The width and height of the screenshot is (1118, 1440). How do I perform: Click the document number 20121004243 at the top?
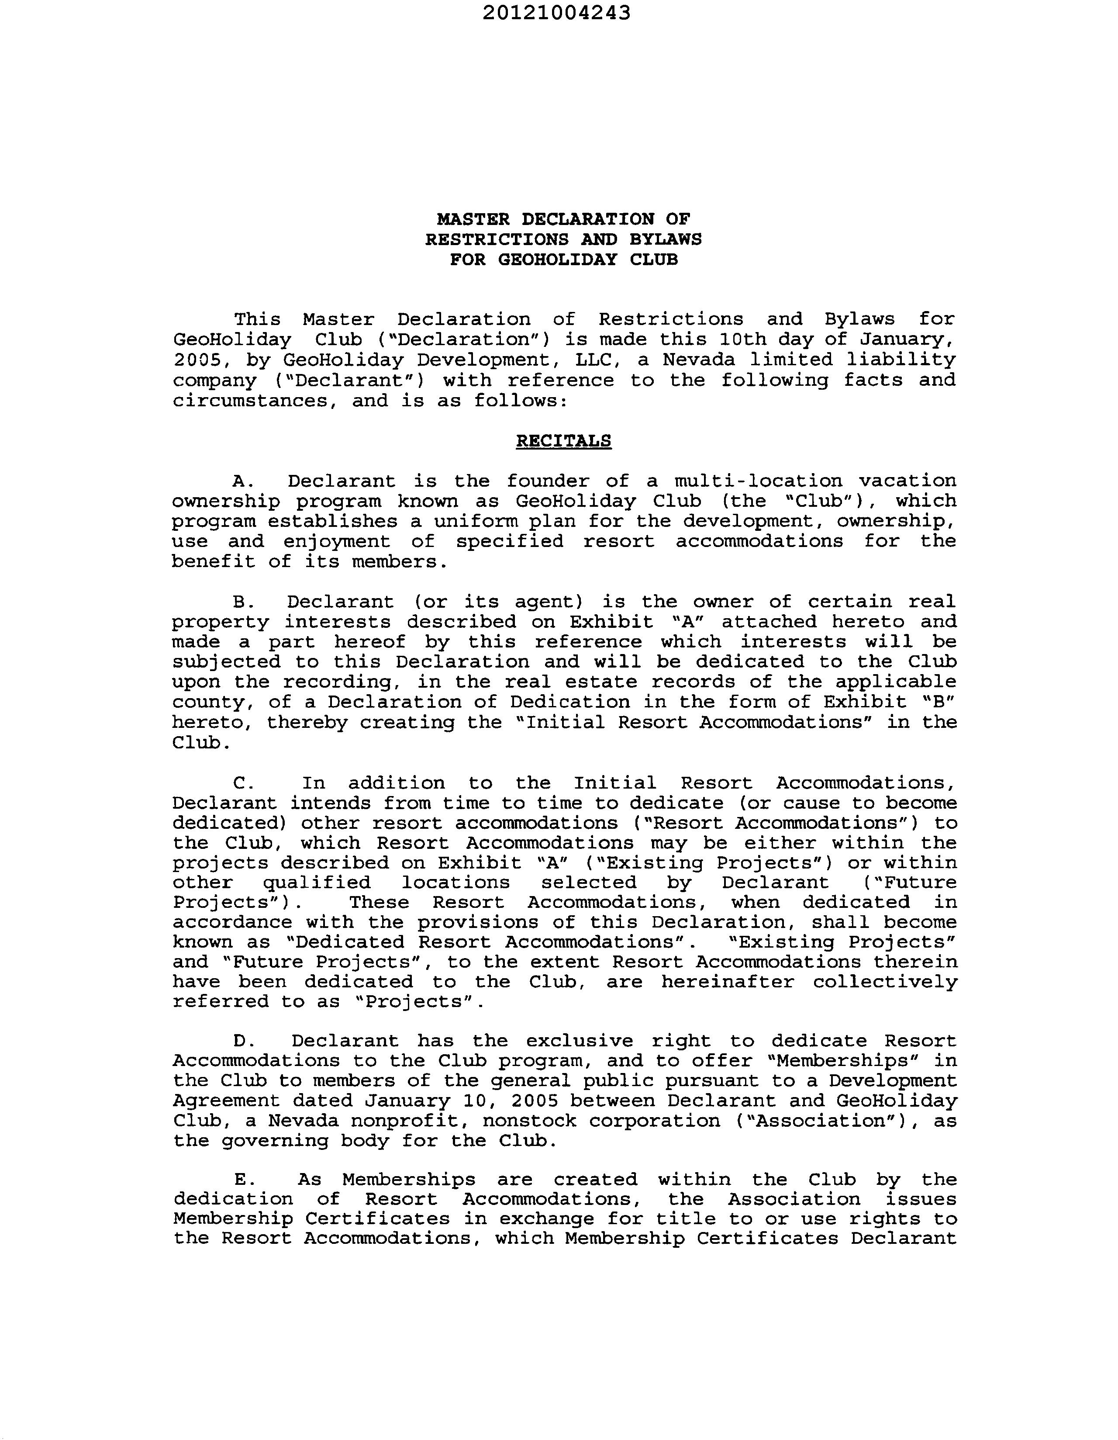pos(556,13)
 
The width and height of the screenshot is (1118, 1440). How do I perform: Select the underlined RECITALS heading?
pos(564,441)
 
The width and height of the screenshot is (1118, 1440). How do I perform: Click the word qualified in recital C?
pos(317,883)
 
